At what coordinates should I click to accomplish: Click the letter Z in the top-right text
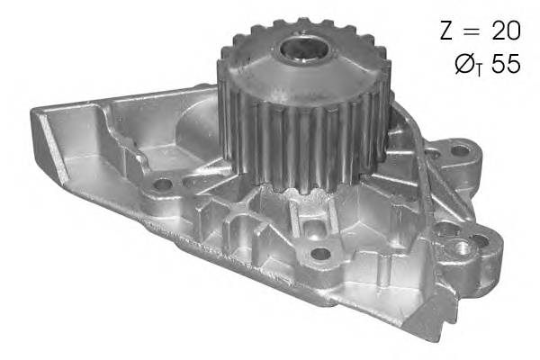(x=447, y=31)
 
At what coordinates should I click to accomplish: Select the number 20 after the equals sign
(x=504, y=31)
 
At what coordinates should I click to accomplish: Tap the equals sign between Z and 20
(x=472, y=31)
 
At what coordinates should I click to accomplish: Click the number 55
(x=506, y=64)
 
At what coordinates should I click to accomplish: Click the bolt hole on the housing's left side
(x=163, y=185)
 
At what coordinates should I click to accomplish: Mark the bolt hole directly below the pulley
(x=319, y=253)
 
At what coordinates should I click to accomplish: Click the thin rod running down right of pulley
(x=396, y=180)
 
